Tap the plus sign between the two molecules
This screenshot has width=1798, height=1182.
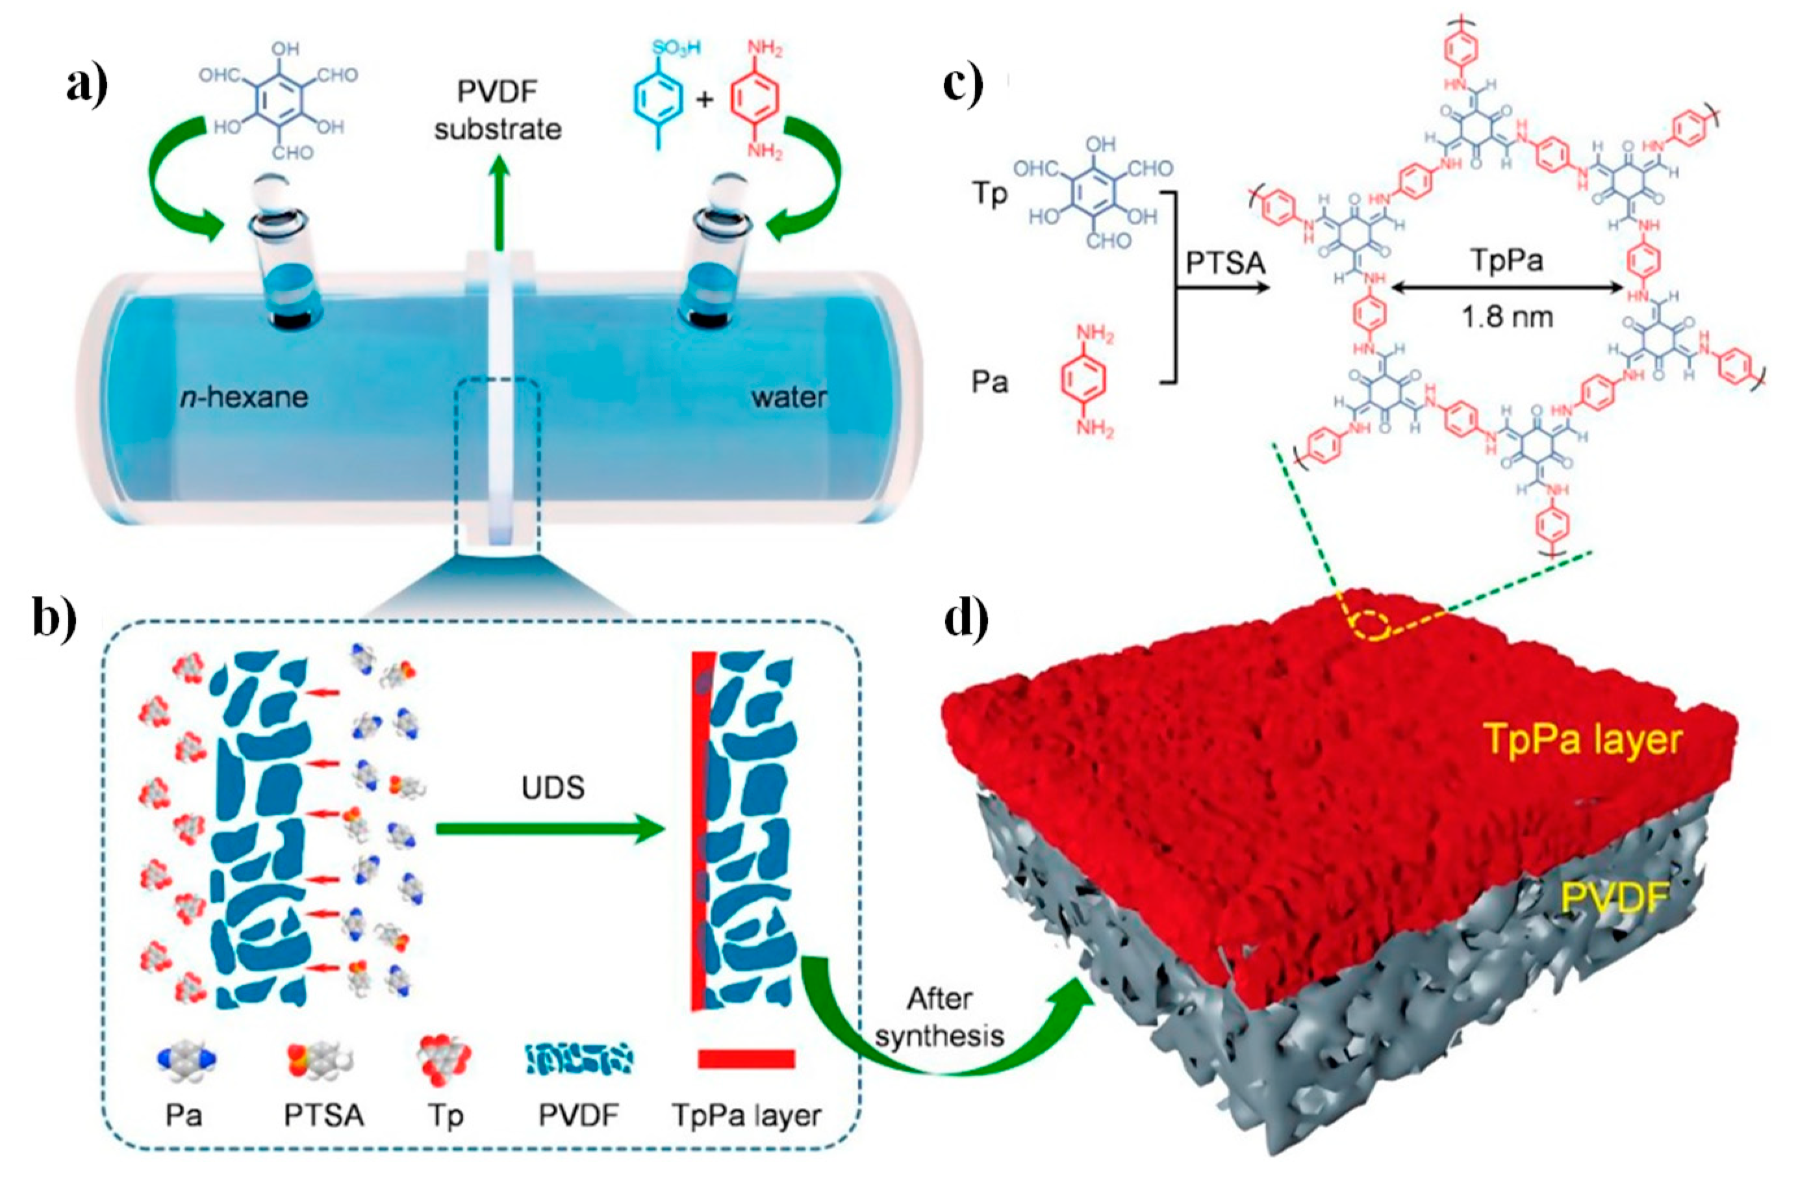[x=704, y=98]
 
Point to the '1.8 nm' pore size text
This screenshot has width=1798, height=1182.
[x=1507, y=317]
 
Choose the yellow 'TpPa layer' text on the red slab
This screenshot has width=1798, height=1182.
[x=1583, y=738]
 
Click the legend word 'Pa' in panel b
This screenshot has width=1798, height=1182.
[x=184, y=1116]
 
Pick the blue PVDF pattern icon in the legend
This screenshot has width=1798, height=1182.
[x=579, y=1060]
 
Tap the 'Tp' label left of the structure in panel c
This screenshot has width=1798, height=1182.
[x=990, y=194]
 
